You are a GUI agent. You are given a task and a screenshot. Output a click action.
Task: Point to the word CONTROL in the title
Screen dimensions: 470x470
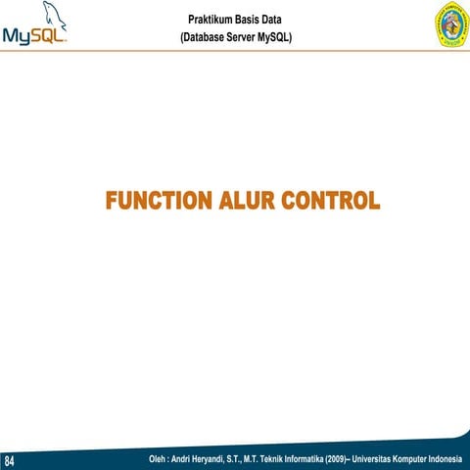click(x=329, y=202)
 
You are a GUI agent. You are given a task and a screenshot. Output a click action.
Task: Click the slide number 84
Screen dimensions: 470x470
click(x=10, y=460)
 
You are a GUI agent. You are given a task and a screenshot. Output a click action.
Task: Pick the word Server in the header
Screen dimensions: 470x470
click(x=242, y=37)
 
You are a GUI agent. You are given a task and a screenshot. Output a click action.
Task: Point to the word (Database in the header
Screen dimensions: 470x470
click(x=196, y=37)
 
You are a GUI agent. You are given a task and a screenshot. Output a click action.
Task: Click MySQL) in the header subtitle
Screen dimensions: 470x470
click(x=282, y=37)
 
